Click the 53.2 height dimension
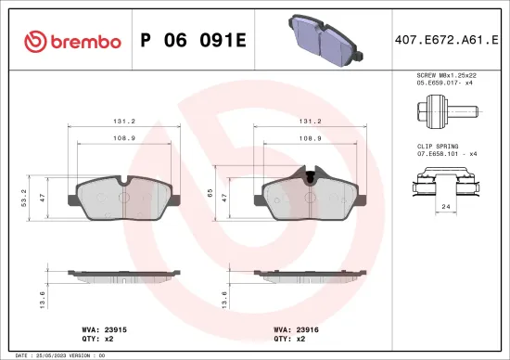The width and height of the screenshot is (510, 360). (22, 197)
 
